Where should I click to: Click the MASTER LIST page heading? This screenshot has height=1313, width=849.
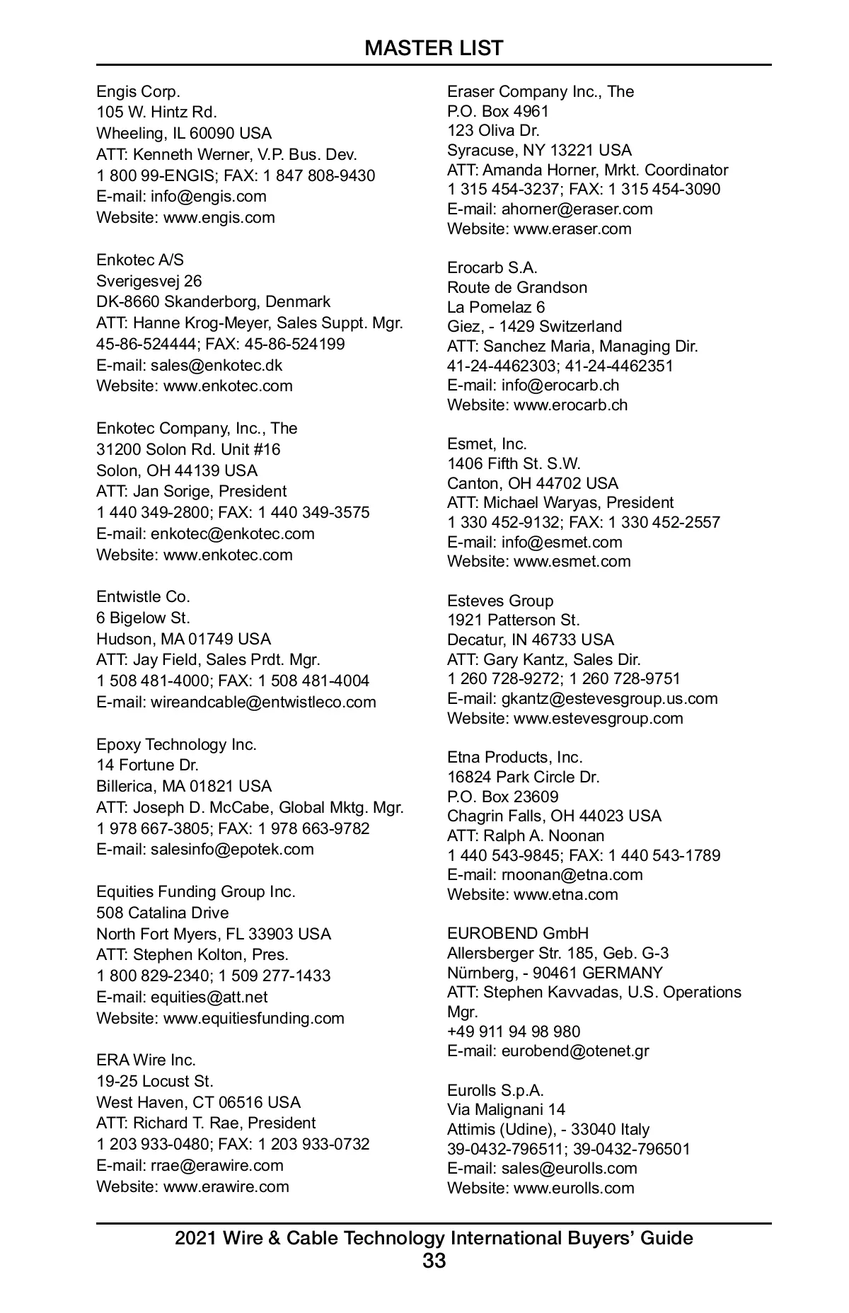coord(434,48)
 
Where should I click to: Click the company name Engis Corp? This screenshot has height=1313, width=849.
coord(138,91)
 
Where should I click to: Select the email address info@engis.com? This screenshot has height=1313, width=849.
coord(208,197)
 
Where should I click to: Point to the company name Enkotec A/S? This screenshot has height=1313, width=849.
coord(140,260)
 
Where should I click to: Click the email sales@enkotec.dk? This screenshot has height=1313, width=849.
coord(216,365)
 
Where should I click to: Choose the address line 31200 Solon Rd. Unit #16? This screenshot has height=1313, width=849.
coord(188,449)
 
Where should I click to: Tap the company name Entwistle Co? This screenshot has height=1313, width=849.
coord(143,596)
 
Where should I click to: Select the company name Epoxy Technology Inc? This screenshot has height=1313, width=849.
coord(176,744)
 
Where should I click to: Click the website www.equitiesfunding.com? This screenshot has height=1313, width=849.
coord(253,1018)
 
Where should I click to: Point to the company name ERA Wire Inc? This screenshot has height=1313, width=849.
coord(146,1060)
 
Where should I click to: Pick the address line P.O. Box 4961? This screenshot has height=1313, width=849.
coord(497,111)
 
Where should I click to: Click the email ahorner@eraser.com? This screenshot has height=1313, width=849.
coord(577,209)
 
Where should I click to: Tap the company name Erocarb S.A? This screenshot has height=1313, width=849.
coord(492,267)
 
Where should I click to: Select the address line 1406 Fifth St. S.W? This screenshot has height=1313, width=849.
coord(514,463)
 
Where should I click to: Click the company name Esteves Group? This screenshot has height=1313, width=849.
coord(500,601)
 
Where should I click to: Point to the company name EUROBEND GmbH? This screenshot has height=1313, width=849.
coord(517,933)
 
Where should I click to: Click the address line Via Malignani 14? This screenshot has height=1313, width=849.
coord(506,1109)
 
